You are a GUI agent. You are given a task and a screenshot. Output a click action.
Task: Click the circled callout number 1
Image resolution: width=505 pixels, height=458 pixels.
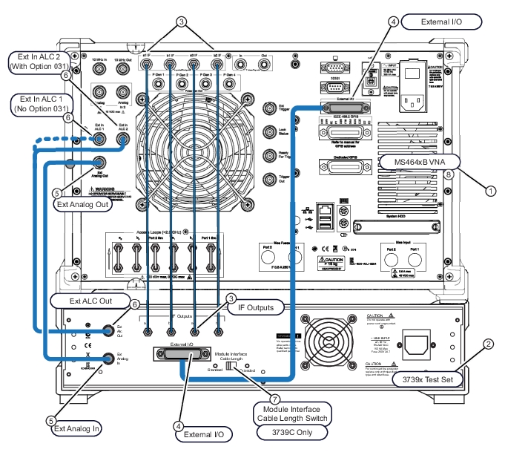489,190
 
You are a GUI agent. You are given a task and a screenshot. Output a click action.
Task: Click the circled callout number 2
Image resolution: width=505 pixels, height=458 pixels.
489,344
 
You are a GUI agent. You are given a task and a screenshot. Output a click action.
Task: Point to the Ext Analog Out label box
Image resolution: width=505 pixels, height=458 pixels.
82,205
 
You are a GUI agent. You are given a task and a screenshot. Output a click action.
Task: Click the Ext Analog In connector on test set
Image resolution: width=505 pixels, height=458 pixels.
108,358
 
